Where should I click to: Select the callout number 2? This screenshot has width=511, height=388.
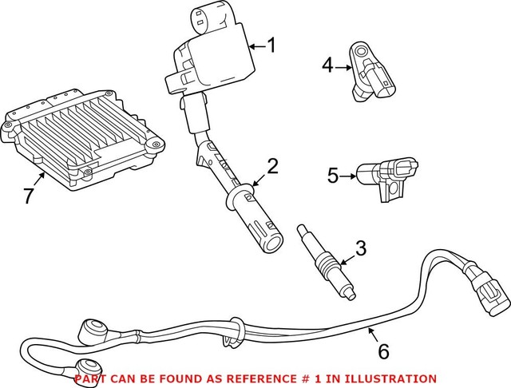pos(271,166)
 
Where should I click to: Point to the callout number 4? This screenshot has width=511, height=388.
pos(327,65)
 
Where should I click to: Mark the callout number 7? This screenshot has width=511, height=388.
pos(30,196)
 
